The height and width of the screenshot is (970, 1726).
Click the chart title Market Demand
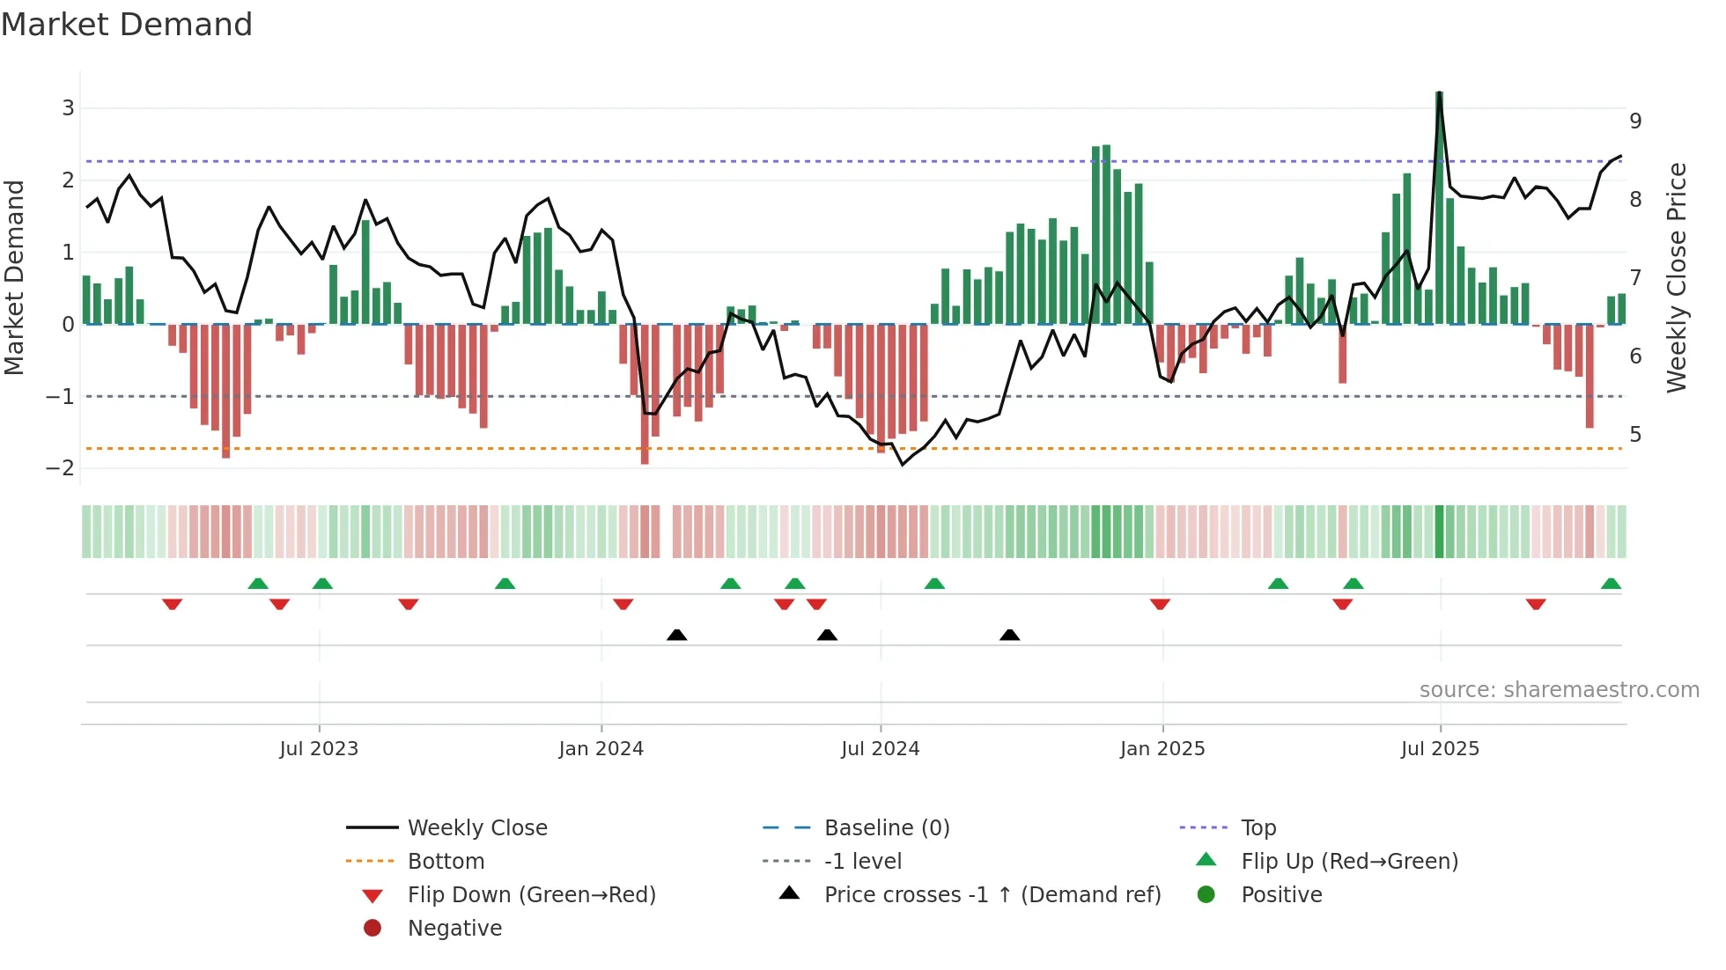[x=127, y=25]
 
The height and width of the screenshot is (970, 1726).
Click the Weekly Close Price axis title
[x=1677, y=277]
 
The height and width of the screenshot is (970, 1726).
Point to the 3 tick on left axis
[x=68, y=108]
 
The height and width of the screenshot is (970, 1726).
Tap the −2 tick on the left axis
[x=60, y=468]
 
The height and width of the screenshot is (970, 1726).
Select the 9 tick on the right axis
[x=1635, y=121]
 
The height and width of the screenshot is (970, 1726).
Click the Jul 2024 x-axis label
[x=880, y=749]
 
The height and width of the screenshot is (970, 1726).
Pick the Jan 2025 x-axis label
[x=1162, y=749]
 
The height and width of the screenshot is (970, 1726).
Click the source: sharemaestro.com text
[x=1559, y=689]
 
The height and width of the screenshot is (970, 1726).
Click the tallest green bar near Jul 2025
[x=1439, y=208]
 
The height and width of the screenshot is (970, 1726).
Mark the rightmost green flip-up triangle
[x=1611, y=584]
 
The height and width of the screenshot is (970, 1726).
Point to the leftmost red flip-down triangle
[x=173, y=604]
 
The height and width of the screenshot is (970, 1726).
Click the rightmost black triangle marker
[x=1010, y=635]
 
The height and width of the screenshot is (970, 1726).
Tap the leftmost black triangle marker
[x=676, y=635]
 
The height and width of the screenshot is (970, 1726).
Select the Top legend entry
[x=1258, y=827]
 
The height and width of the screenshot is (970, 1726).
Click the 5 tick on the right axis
[x=1635, y=435]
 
